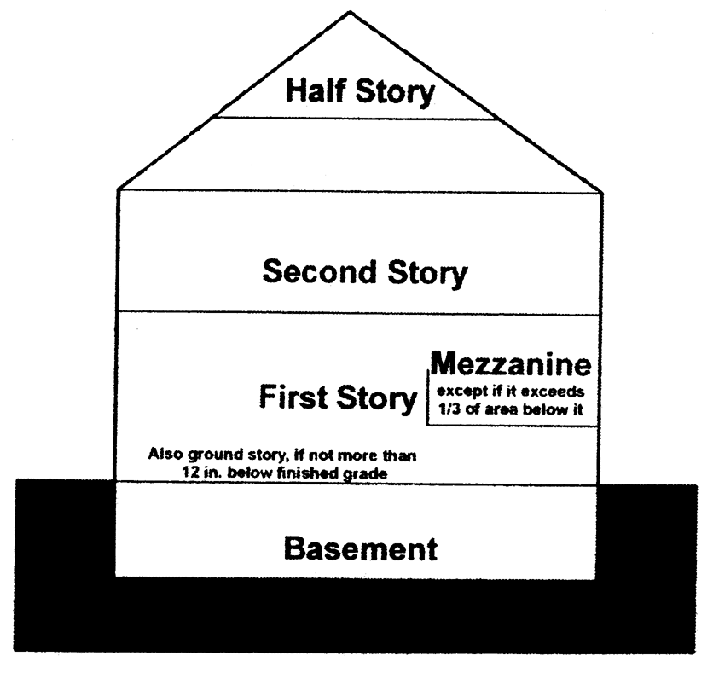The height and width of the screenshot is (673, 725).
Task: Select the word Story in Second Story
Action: coord(425,274)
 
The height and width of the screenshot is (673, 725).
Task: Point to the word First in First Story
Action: coord(295,397)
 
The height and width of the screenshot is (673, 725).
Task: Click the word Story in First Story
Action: coord(376,398)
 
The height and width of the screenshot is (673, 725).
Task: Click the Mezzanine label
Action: coord(510,365)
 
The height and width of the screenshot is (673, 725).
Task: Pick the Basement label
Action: coord(360,548)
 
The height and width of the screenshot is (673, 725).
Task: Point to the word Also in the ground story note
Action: coord(164,454)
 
